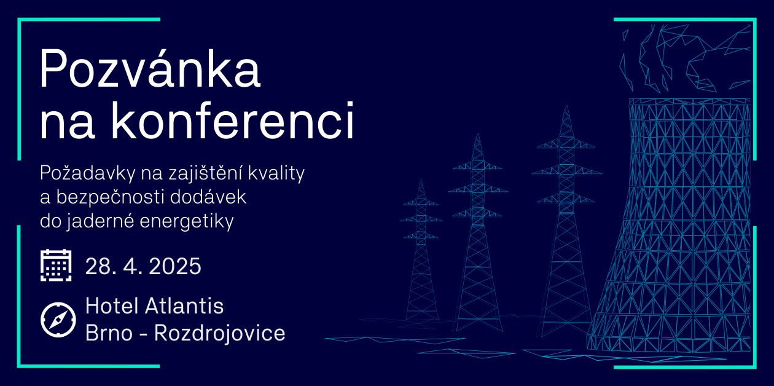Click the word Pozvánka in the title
click(x=150, y=68)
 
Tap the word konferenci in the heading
click(x=232, y=120)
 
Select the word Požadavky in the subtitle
click(x=87, y=173)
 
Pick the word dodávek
click(x=208, y=196)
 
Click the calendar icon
click(x=56, y=265)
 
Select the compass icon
click(x=58, y=320)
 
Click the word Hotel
click(x=112, y=306)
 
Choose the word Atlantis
click(x=184, y=306)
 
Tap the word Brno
click(x=109, y=333)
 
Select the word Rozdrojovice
click(x=220, y=333)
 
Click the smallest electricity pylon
click(x=421, y=249)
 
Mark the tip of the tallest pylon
click(x=566, y=106)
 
